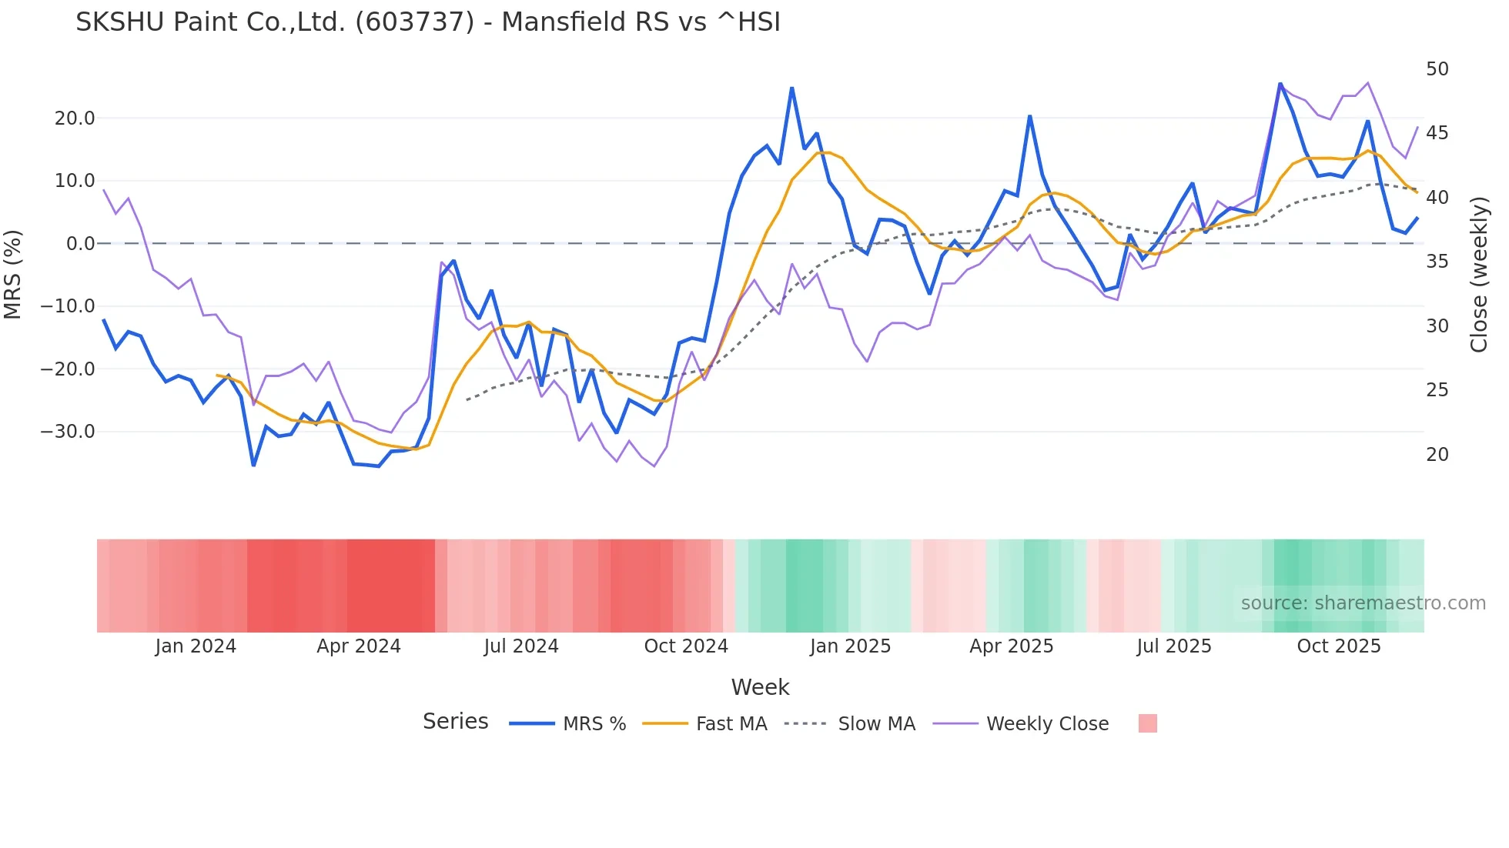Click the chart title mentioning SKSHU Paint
[427, 22]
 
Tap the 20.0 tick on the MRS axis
[75, 119]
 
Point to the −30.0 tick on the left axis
[68, 432]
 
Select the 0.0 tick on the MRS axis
[80, 244]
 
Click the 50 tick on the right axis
[1437, 69]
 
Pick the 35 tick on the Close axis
[1437, 262]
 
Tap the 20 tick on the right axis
[1437, 455]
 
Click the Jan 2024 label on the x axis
[196, 646]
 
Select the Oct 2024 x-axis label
[686, 646]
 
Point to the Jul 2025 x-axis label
[1174, 646]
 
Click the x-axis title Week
[760, 687]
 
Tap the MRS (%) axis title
[13, 274]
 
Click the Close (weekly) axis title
[1478, 274]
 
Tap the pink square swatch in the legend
[1147, 723]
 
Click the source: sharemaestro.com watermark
[1363, 603]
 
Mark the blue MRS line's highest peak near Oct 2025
[1280, 84]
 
